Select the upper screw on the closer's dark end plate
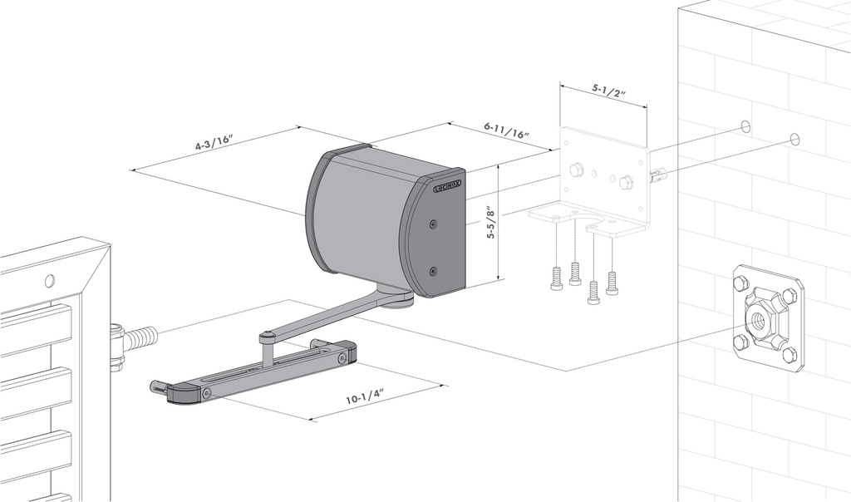432,224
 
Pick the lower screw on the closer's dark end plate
432,271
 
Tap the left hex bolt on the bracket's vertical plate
576,170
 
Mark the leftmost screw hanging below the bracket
556,279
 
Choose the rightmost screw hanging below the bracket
612,283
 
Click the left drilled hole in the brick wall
745,126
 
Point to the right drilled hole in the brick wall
794,139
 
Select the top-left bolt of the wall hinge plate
737,284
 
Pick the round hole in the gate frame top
49,280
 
